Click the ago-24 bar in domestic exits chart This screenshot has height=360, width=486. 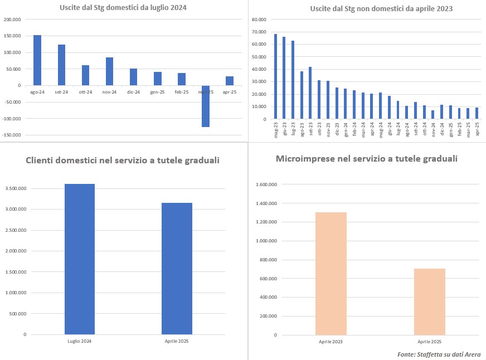pyautogui.click(x=37, y=60)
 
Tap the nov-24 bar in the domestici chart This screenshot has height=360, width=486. pyautogui.click(x=109, y=71)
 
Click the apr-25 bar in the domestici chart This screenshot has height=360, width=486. pyautogui.click(x=230, y=81)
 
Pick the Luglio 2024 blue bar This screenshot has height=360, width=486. pyautogui.click(x=80, y=259)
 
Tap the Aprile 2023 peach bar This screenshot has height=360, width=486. pyautogui.click(x=331, y=273)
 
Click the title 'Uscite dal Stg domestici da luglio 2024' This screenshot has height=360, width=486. pyautogui.click(x=123, y=8)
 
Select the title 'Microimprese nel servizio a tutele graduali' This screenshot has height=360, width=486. pyautogui.click(x=367, y=159)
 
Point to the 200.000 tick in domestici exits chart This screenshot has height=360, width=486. pyautogui.click(x=12, y=20)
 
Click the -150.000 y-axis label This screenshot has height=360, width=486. pyautogui.click(x=12, y=135)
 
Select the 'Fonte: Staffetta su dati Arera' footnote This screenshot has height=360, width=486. pyautogui.click(x=439, y=354)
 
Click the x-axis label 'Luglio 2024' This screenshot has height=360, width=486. pyautogui.click(x=80, y=340)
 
